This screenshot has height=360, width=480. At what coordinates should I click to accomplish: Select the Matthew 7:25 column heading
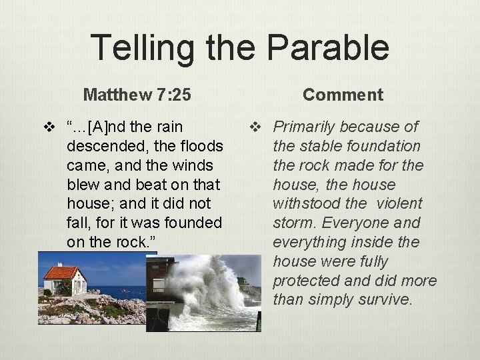137,95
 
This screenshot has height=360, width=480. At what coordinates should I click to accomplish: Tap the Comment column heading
343,95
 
